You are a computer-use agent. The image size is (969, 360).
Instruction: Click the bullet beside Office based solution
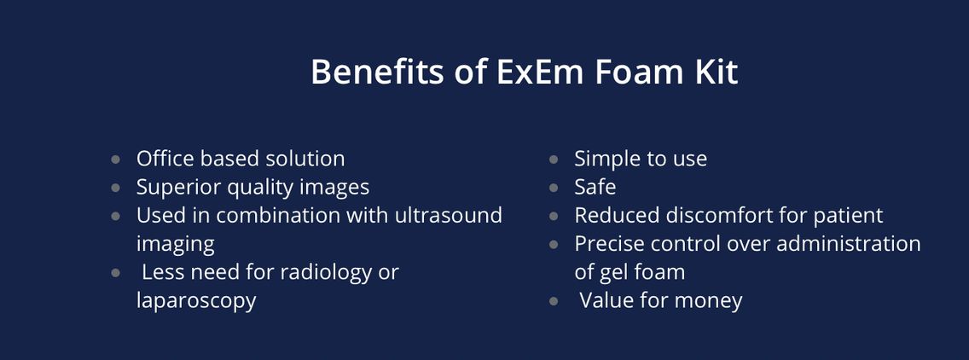pos(116,159)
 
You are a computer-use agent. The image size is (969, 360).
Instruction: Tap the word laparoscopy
pos(196,301)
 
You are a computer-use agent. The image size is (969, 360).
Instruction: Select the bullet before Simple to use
pos(554,159)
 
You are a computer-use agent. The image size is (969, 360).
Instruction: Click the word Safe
pos(595,187)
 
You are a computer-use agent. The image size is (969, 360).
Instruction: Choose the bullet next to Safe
pos(554,187)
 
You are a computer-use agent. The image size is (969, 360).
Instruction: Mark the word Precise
pos(612,243)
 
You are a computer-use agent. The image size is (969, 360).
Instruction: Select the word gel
pos(612,272)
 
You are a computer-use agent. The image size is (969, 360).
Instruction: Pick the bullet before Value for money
pos(554,300)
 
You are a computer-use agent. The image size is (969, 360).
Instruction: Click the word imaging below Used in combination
pos(175,244)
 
